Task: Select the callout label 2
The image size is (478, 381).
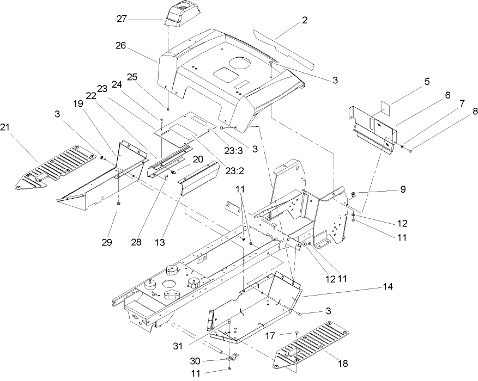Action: click(304, 20)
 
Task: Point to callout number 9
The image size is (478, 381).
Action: click(403, 190)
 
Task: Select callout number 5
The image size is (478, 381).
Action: click(427, 82)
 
